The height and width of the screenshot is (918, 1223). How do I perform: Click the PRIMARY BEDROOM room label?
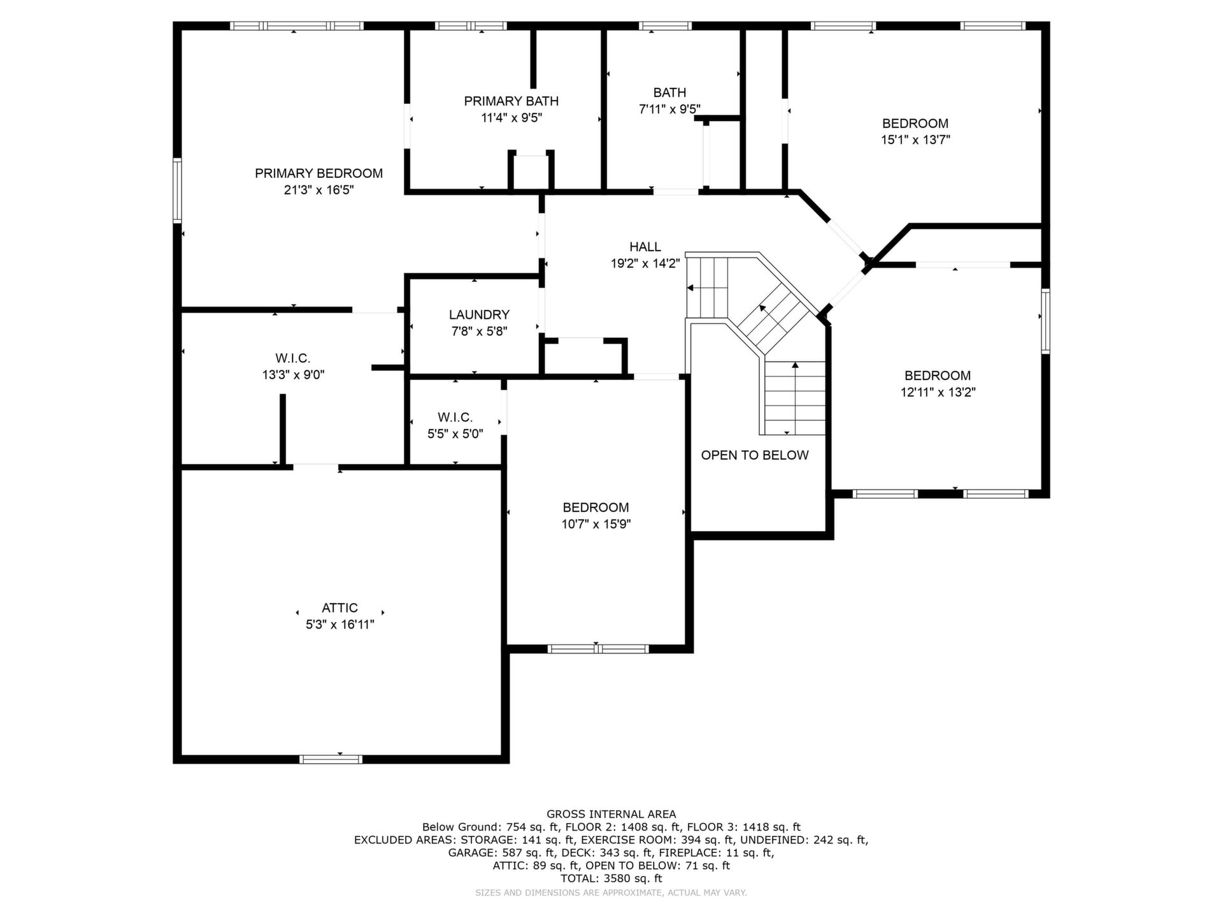click(x=318, y=173)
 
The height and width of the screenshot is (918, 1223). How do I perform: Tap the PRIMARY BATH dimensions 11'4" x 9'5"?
click(x=511, y=118)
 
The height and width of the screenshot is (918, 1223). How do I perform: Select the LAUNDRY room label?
click(x=479, y=315)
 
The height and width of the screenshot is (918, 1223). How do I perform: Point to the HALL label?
click(x=645, y=247)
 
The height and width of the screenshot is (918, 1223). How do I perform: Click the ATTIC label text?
click(x=340, y=608)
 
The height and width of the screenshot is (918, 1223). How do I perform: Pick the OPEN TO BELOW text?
click(x=755, y=455)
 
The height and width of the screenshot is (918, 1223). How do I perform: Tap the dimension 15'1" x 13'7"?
click(x=915, y=140)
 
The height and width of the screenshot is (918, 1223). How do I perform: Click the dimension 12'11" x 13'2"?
click(x=938, y=393)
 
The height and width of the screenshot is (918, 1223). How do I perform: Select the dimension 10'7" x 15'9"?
click(x=596, y=525)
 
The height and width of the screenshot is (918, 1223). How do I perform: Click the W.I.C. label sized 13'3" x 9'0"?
click(x=293, y=359)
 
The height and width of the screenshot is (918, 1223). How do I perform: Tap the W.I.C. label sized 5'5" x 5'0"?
click(x=455, y=418)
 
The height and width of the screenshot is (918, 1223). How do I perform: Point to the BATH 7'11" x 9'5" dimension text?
click(x=669, y=110)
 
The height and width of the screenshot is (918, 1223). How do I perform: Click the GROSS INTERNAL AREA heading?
click(x=611, y=814)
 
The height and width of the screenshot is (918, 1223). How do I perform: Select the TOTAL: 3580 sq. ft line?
click(x=611, y=878)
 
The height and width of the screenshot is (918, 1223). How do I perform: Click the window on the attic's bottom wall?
click(x=331, y=759)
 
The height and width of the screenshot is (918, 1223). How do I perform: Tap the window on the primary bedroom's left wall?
click(x=177, y=191)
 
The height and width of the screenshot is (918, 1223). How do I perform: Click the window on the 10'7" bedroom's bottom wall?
click(x=598, y=649)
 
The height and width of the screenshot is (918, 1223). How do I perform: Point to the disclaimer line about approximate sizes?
click(x=611, y=893)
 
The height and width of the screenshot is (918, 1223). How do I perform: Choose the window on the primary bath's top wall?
click(x=471, y=26)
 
